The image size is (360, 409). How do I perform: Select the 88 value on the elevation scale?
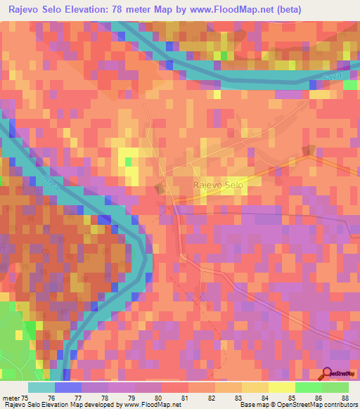pos(345,397)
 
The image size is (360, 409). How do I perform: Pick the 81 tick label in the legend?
pos(185,397)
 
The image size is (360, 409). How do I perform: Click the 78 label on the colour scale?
pos(105,397)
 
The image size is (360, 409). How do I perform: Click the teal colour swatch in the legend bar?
pos(41,387)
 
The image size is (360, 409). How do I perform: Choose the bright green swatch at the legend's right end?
pos(335,387)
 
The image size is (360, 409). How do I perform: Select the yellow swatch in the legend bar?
pos(282,387)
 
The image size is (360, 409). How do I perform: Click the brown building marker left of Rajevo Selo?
pos(160,188)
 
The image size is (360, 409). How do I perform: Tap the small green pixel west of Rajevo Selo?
pos(128,162)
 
